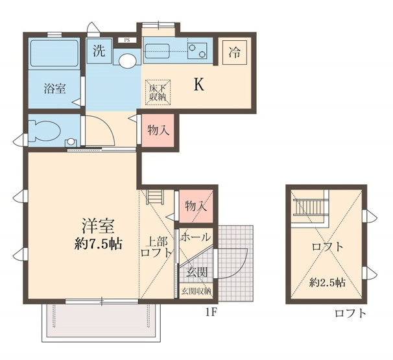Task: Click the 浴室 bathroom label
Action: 54,89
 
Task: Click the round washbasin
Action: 127,60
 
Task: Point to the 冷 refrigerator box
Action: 233,53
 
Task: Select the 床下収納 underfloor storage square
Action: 158,91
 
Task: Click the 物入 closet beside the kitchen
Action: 158,130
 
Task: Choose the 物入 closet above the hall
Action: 196,206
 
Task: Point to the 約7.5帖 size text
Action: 97,245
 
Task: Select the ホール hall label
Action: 195,237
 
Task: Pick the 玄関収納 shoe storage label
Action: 196,291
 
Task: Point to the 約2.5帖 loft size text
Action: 327,282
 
